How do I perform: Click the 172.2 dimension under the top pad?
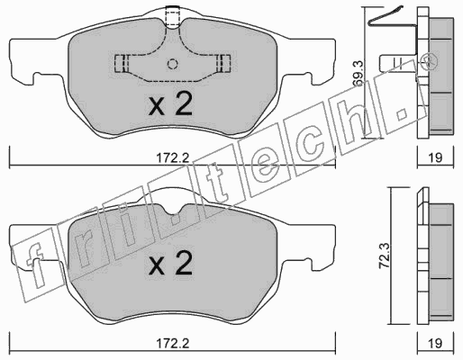[x=172, y=157]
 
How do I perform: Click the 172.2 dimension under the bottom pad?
[x=172, y=343]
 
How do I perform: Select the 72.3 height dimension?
[x=385, y=256]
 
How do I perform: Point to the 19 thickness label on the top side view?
[x=435, y=157]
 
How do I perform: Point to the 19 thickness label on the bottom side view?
[x=435, y=343]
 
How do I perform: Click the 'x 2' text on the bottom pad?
[x=170, y=264]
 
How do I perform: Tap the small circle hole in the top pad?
[x=172, y=64]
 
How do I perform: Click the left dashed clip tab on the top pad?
[x=122, y=64]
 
